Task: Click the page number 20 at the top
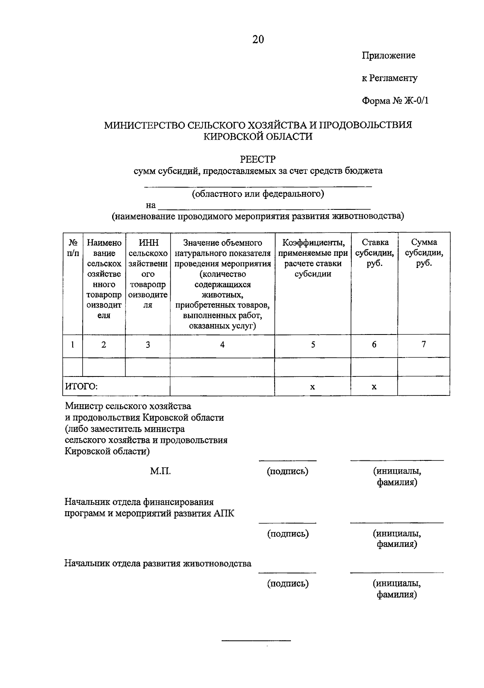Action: click(258, 40)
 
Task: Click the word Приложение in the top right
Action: click(388, 55)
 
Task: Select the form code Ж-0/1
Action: click(416, 100)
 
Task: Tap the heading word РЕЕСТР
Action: click(258, 159)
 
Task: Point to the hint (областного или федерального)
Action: click(258, 194)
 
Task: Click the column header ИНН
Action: click(148, 243)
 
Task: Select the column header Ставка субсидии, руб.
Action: click(374, 253)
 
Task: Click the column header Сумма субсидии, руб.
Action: click(423, 253)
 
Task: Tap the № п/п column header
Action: click(73, 248)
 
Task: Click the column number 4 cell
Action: click(222, 345)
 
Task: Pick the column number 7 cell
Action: click(423, 345)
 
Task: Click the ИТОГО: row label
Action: click(82, 387)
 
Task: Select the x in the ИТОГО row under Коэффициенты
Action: click(313, 387)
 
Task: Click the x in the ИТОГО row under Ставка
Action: click(374, 387)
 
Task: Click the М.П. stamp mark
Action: click(161, 471)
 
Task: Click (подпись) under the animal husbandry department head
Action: click(288, 583)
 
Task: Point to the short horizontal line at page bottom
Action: click(257, 641)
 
